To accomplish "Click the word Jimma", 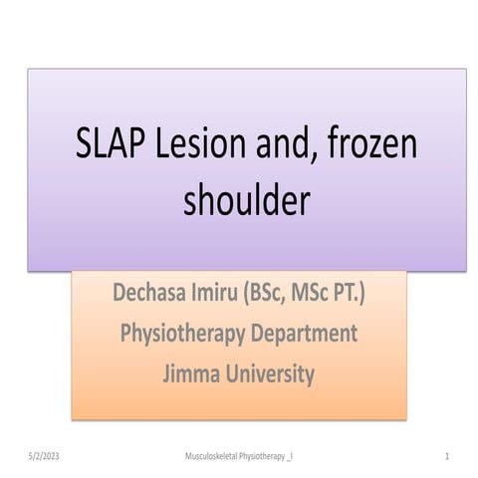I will point(193,374).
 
